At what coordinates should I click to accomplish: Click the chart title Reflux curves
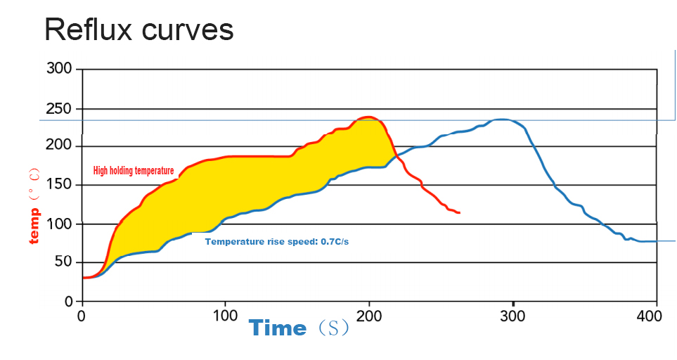point(138,30)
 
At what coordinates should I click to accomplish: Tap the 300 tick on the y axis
point(59,69)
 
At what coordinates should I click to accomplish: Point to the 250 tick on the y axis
point(59,109)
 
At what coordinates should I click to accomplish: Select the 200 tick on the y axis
point(59,146)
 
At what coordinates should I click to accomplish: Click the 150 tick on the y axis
point(59,185)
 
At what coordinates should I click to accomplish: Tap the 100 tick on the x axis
point(225,316)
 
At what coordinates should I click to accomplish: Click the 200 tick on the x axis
point(368,316)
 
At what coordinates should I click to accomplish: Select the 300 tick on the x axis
point(512,316)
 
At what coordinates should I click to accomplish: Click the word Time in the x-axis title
point(278,328)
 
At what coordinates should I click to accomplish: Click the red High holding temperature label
point(134,171)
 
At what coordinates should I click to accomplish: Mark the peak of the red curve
point(367,117)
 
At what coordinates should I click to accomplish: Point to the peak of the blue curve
point(501,120)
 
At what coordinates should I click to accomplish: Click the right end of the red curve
point(459,212)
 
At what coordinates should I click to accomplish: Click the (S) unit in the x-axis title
point(331,329)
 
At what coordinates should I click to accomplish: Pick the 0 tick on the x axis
point(82,316)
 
